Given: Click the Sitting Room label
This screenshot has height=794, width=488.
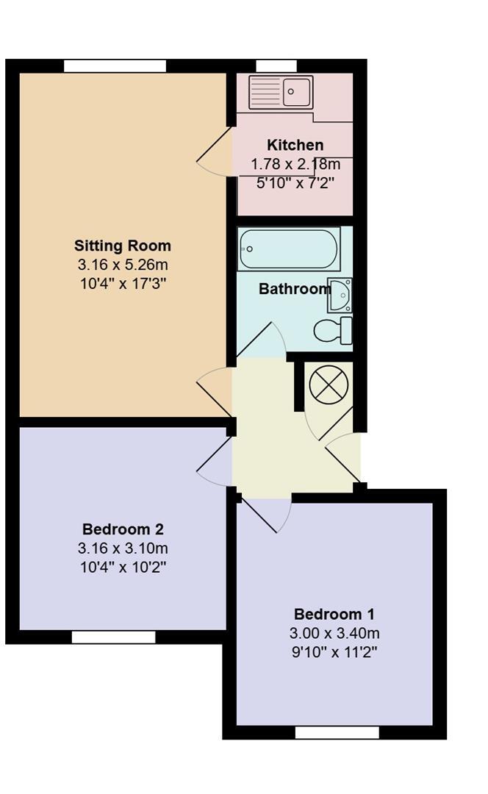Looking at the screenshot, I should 123,246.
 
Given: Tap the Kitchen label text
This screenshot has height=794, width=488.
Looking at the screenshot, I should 295,145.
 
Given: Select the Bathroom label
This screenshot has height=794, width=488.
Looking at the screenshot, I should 294,289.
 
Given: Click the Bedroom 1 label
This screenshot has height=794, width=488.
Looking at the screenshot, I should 334,614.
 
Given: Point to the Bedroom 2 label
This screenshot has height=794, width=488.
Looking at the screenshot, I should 123,529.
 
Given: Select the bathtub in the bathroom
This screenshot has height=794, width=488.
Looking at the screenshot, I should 289,250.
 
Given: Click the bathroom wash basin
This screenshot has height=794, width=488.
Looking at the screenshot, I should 341,294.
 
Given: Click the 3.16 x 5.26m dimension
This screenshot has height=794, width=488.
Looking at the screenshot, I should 123,265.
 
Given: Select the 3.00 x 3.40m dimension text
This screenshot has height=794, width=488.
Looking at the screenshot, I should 334,633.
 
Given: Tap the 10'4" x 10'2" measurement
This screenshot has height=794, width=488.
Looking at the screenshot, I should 123,568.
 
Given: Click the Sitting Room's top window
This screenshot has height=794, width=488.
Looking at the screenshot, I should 115,66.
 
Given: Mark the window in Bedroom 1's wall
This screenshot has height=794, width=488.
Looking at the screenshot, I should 337,732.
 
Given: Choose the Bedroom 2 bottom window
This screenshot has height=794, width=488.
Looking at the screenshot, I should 114,637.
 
